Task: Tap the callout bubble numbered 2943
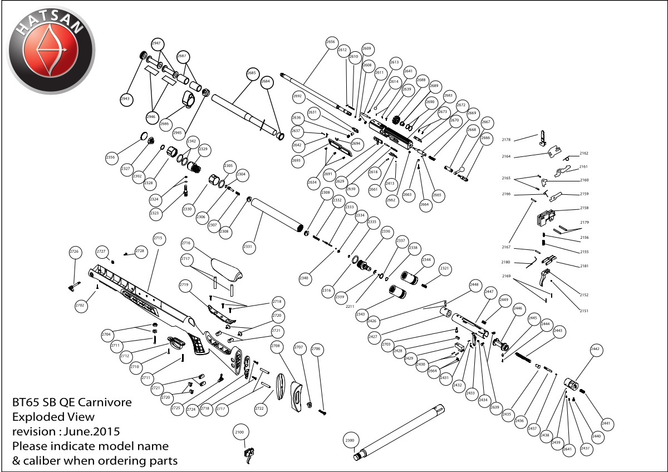125,99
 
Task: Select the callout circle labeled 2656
331,42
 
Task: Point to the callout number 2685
252,73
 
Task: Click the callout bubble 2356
110,158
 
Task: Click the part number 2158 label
584,208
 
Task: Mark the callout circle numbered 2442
595,349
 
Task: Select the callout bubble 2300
350,441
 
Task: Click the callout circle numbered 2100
239,432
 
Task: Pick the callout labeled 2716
186,243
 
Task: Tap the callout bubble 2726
75,252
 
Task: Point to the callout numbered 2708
276,346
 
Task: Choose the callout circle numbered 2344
427,260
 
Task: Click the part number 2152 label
584,294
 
